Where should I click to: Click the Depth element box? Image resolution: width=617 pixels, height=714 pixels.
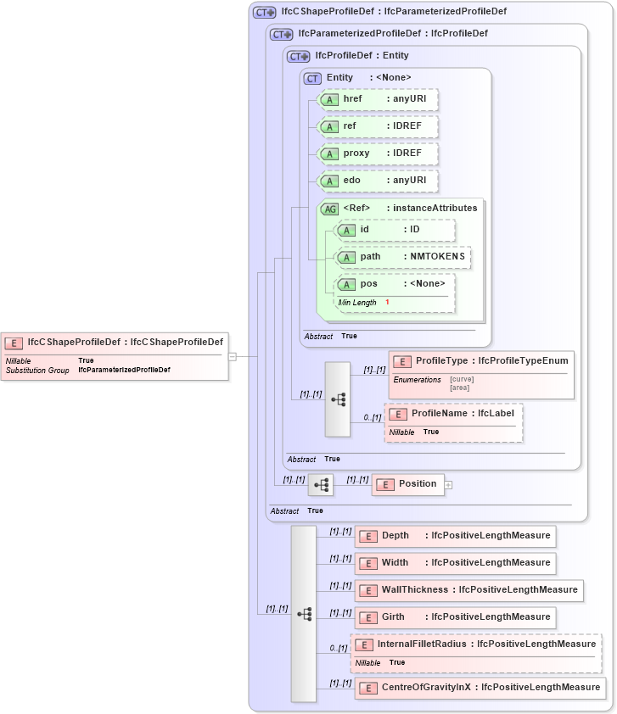coord(455,536)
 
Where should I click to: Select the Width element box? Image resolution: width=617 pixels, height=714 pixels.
coord(455,563)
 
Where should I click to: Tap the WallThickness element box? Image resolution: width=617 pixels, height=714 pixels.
coord(468,590)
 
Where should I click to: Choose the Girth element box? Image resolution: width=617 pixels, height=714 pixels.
coord(455,617)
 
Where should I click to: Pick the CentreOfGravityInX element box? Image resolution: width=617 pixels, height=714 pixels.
coord(480,687)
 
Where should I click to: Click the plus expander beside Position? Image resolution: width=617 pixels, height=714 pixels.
coord(449,485)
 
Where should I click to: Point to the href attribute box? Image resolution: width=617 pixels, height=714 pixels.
coord(377,100)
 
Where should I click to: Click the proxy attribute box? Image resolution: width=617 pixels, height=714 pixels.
coord(377,154)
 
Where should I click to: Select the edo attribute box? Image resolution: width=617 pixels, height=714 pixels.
coord(377,181)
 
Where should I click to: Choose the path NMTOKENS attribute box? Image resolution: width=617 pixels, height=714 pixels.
coord(402,257)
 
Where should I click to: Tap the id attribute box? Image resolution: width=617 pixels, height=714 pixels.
coord(395,230)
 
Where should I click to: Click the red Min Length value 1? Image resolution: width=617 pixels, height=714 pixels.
coord(387,303)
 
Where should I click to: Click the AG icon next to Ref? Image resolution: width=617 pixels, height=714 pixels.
coord(328,209)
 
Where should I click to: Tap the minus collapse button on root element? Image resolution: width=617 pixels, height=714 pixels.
coord(233,356)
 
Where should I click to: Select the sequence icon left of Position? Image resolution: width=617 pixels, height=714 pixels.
coord(321,485)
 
